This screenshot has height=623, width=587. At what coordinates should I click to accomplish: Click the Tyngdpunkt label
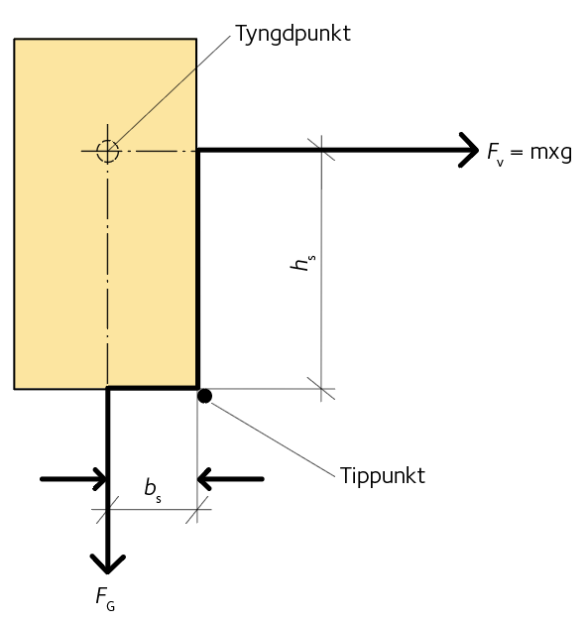293,34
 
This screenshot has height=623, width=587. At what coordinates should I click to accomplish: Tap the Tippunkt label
383,476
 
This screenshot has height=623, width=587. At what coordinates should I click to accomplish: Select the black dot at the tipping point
204,396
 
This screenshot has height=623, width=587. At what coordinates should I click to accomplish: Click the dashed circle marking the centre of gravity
107,141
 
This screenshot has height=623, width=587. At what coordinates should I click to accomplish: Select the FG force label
105,598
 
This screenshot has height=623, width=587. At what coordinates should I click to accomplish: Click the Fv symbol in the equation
496,154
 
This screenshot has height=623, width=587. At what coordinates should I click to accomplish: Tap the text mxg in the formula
551,153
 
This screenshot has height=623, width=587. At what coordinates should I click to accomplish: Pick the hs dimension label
303,263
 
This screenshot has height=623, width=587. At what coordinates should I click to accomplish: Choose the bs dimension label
153,490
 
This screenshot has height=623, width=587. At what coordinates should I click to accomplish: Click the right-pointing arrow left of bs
74,479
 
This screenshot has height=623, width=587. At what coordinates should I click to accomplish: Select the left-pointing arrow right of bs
230,479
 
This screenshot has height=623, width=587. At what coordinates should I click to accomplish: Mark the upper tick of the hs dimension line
321,150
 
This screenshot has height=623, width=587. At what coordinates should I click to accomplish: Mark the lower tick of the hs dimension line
321,389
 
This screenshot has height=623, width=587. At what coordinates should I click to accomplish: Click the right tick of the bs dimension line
197,509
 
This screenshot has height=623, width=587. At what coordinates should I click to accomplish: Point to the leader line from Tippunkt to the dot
274,439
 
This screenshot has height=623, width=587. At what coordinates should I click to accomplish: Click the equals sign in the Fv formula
517,152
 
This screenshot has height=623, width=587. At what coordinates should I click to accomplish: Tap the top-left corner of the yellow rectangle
14,39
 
